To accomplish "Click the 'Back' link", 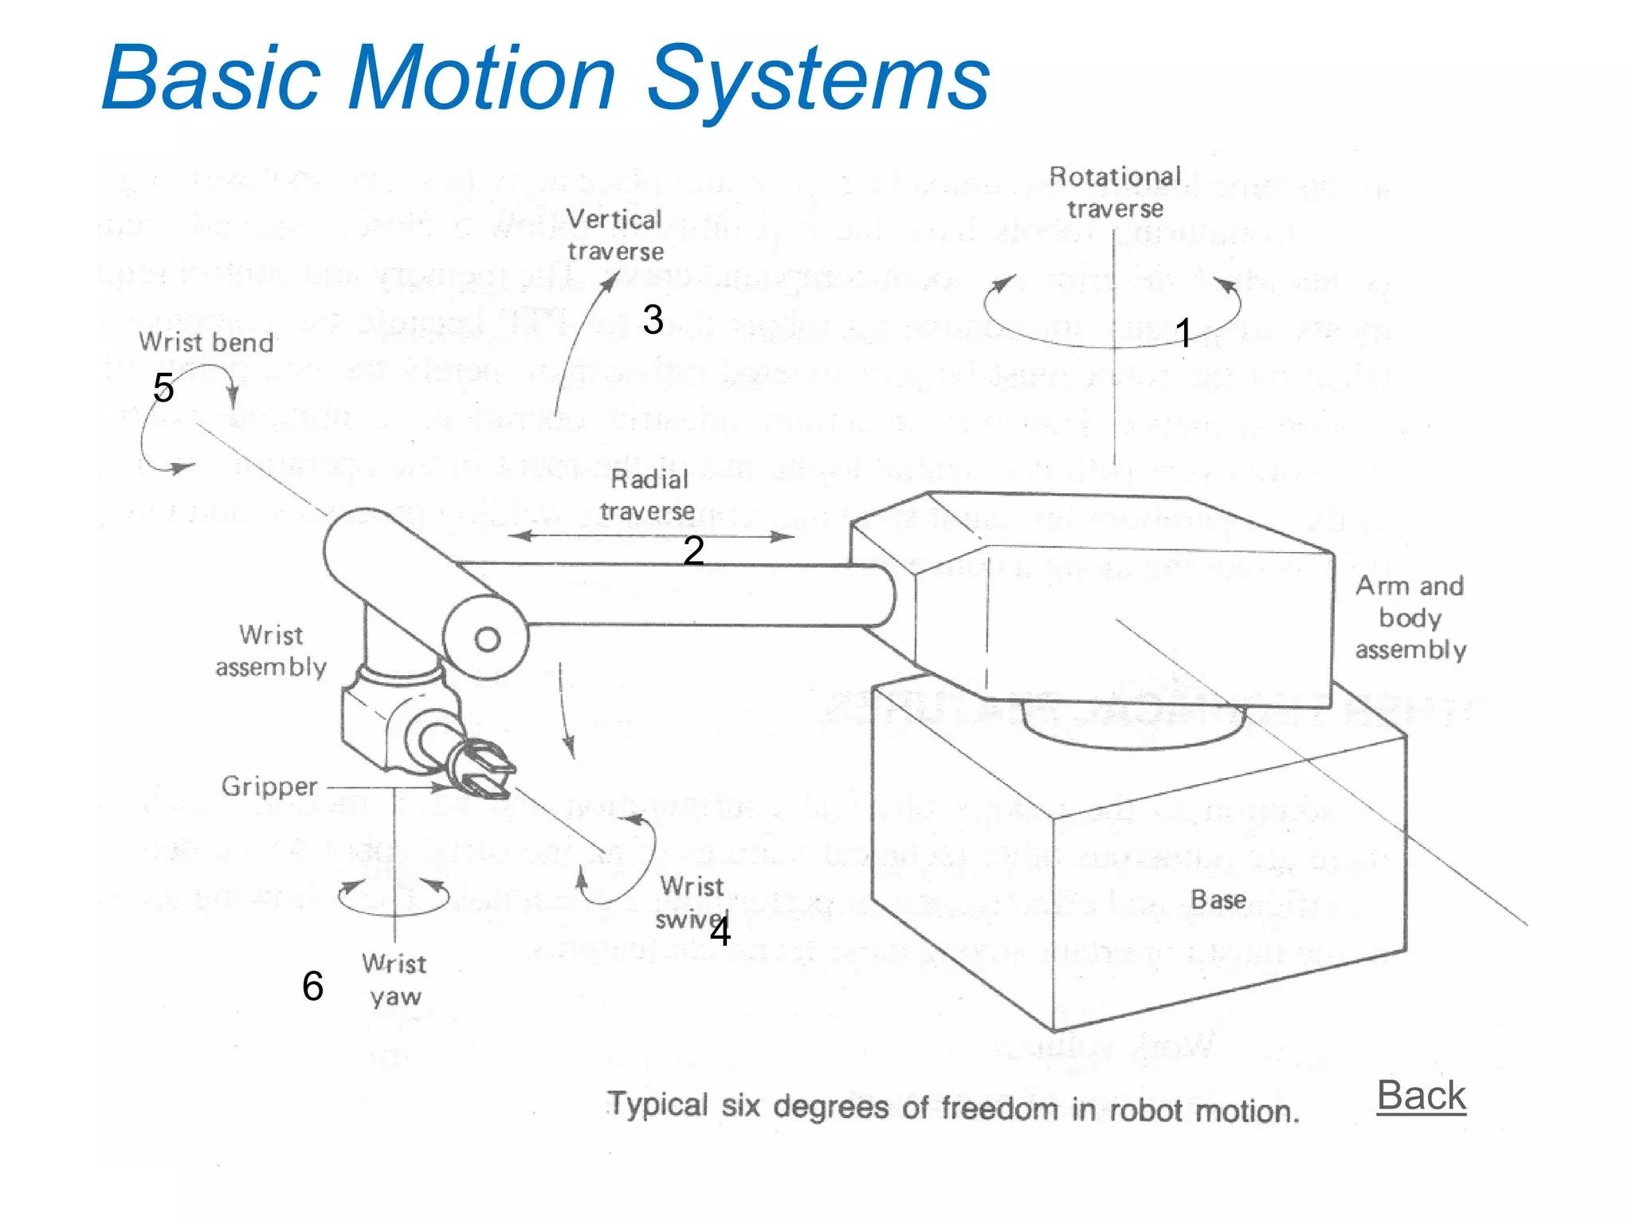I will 1421,1096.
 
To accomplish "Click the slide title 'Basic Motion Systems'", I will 546,79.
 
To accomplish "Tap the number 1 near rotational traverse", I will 1183,333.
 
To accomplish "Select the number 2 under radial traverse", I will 693,551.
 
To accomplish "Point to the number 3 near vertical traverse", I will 653,320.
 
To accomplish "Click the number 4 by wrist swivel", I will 720,932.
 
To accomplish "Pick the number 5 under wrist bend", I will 163,387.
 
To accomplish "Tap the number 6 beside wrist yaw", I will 312,986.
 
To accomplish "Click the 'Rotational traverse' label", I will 1115,192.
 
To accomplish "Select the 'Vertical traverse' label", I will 614,235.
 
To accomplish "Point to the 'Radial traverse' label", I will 648,495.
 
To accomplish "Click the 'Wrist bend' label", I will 206,343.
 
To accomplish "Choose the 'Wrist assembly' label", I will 271,651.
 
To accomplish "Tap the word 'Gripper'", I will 269,787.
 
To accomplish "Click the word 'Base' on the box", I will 1218,900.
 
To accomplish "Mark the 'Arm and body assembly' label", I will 1410,618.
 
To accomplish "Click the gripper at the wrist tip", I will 484,768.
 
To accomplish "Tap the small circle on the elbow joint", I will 487,639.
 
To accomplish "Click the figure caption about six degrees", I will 953,1108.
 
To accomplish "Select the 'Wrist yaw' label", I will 395,980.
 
